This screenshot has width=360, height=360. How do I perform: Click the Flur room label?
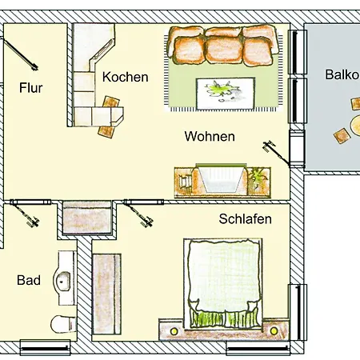[31, 88]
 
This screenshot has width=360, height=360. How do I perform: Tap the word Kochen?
[126, 77]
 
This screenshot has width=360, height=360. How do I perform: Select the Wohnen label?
[210, 136]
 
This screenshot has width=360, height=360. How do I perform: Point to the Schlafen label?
[245, 219]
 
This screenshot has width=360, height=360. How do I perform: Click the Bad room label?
[29, 280]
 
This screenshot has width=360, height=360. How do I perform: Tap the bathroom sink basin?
[63, 281]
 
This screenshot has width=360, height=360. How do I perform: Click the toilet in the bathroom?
[63, 324]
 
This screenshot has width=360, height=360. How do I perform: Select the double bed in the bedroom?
[223, 283]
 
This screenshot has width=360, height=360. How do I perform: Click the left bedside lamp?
[174, 331]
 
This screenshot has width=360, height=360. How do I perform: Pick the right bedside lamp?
[274, 331]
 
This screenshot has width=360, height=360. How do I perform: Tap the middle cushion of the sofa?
[224, 50]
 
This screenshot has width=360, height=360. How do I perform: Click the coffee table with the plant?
[226, 94]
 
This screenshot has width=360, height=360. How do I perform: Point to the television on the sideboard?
[221, 178]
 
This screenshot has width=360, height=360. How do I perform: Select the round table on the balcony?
[355, 126]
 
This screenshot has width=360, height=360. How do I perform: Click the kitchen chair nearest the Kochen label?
[111, 102]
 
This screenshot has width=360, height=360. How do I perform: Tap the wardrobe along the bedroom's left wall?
[106, 294]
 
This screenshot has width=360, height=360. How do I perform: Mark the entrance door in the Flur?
[19, 54]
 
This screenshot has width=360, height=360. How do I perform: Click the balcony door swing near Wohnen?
[276, 153]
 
